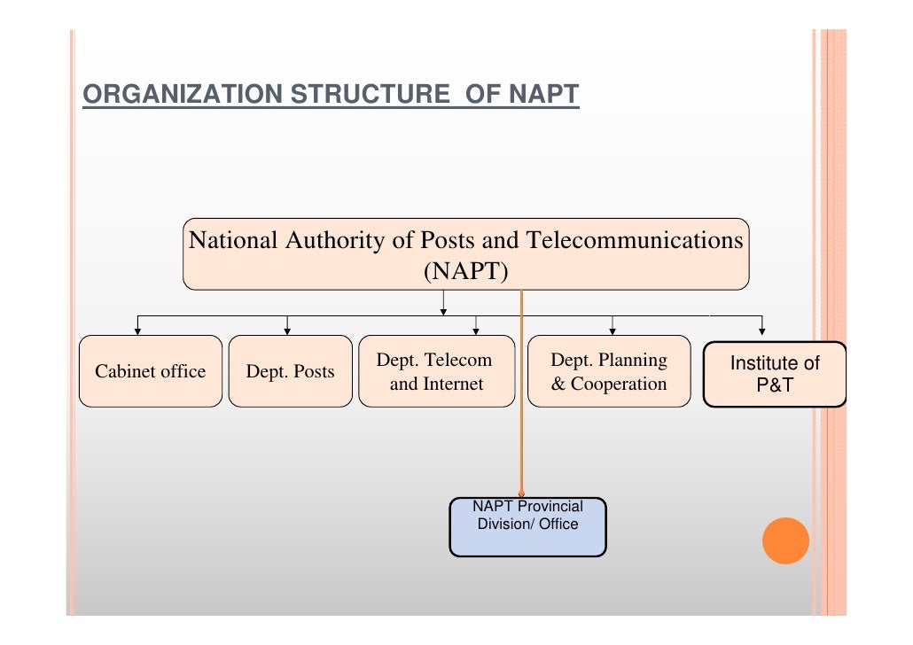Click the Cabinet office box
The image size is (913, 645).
150,371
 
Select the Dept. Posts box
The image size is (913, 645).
290,371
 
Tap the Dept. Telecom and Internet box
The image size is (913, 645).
436,371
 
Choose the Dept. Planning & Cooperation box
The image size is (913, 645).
608,371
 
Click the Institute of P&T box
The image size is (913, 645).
774,374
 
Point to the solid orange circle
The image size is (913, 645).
785,540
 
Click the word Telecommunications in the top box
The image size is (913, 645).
635,240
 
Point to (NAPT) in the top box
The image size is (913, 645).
465,270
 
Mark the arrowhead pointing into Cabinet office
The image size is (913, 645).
137,331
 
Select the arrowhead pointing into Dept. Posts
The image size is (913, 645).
287,331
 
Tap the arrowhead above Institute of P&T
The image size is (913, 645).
762,331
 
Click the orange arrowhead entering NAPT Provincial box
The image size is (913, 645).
521,493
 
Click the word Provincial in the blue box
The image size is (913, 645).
550,506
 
